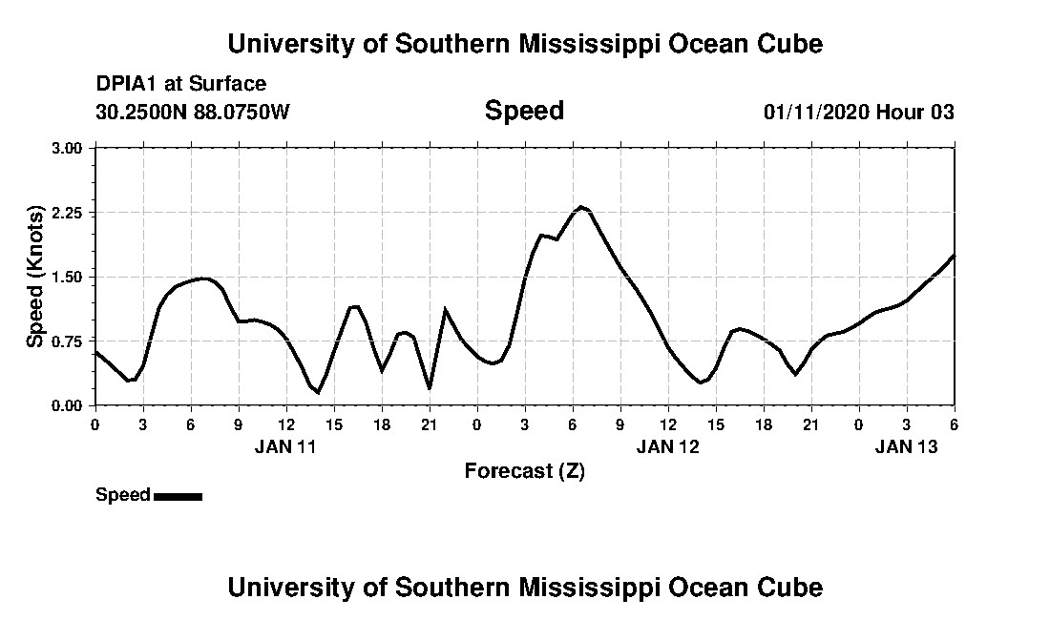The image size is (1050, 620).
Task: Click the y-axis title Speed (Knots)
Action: point(34,277)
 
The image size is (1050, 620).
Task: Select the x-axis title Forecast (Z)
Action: point(524,470)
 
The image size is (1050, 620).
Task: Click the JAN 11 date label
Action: point(284,445)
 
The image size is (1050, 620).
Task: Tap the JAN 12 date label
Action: point(668,445)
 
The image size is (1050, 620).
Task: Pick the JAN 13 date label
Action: point(907,445)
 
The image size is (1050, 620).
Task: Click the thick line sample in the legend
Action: point(178,496)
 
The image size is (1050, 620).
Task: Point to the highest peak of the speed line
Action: point(580,206)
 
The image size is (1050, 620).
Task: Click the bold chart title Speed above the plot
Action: point(524,111)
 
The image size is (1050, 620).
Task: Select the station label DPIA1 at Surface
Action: point(181,84)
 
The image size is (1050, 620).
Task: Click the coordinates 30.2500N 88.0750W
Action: point(193,113)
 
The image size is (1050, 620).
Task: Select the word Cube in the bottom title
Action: point(793,587)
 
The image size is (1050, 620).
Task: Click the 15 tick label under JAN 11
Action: point(334,424)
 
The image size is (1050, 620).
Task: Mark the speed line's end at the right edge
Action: point(954,256)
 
